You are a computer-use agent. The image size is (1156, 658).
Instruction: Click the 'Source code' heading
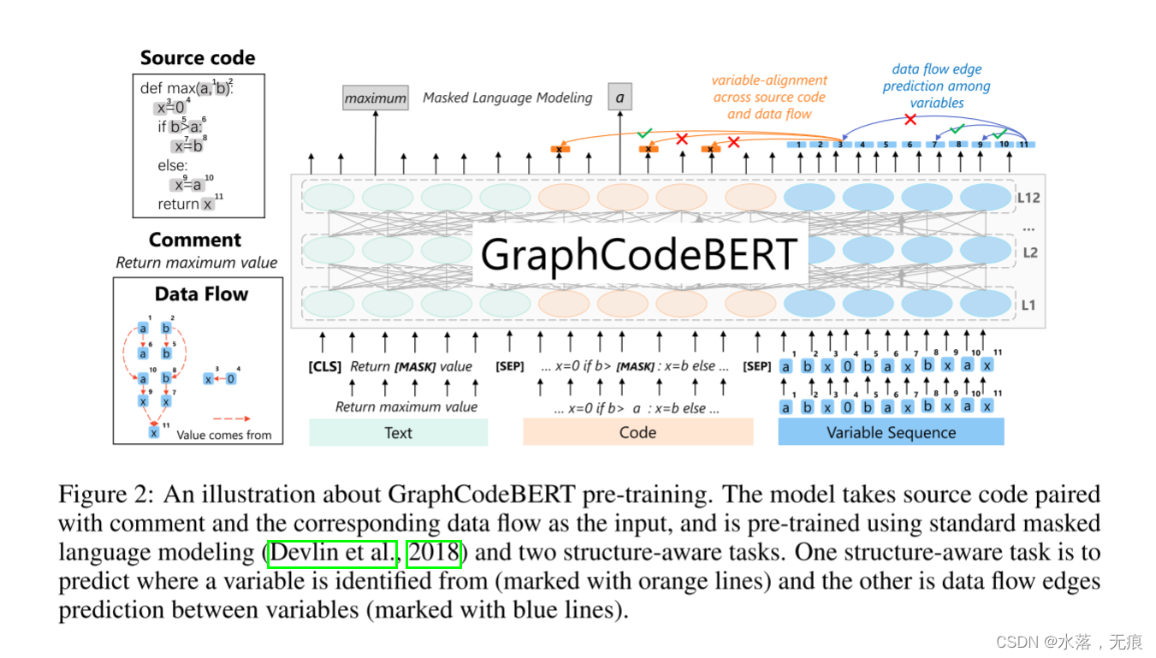198,58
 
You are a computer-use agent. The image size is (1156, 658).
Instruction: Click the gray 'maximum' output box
375,98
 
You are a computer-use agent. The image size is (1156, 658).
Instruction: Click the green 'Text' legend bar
398,433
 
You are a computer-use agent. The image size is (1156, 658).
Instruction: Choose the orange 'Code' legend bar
637,433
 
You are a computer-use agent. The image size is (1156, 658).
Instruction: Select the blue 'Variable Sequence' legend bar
891,433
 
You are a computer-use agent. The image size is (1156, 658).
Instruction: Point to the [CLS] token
324,366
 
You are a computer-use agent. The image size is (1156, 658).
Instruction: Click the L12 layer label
1028,199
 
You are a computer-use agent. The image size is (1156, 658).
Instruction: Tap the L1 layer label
1028,305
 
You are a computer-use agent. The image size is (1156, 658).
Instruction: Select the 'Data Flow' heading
201,294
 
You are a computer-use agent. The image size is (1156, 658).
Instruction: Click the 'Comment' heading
195,240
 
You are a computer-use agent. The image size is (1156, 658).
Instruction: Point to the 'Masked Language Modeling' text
507,98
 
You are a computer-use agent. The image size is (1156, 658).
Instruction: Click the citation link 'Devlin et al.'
334,554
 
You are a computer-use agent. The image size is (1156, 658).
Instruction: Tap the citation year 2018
434,554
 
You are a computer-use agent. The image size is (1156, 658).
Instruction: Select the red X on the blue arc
910,120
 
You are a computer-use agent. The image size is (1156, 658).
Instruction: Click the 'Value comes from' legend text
224,435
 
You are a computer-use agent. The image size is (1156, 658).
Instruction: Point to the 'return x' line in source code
185,205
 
